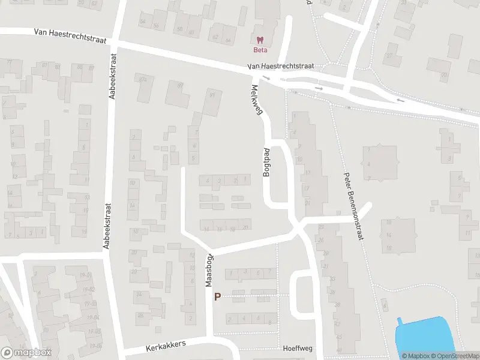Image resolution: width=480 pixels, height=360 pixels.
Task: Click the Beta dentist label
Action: click(259, 50)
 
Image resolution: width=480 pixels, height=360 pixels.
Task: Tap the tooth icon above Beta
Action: click(259, 40)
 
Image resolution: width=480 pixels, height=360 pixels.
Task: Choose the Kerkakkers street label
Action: click(167, 346)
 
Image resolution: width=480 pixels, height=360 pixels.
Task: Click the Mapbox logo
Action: click(26, 353)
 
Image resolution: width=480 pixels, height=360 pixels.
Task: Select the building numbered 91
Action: click(211, 103)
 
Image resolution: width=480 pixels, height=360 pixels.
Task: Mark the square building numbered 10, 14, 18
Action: click(397, 236)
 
